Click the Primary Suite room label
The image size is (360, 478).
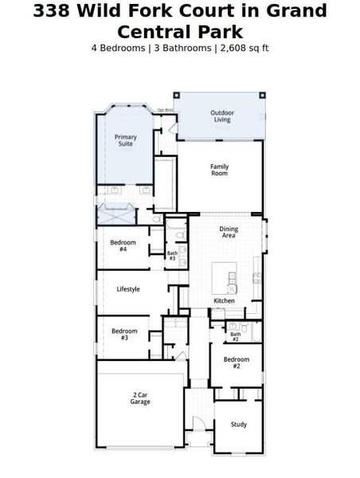[x=126, y=140]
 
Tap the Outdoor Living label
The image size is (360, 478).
[x=221, y=116]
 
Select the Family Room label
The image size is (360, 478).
[x=219, y=170]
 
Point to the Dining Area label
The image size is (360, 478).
[x=229, y=233]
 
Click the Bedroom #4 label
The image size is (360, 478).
[x=123, y=245]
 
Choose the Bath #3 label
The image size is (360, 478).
[x=172, y=256]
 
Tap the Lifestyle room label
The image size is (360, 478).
[x=128, y=289]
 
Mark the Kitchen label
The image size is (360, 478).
[x=224, y=300]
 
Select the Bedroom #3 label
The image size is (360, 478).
[x=123, y=334]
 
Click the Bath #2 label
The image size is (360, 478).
[x=236, y=337]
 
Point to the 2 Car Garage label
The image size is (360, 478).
[x=140, y=398]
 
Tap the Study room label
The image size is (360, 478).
[x=239, y=424]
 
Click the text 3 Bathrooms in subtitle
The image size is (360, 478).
[x=182, y=48]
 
